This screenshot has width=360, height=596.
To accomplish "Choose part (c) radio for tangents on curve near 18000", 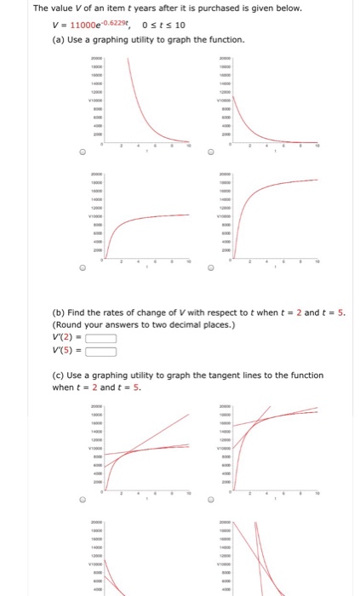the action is (x=210, y=500).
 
